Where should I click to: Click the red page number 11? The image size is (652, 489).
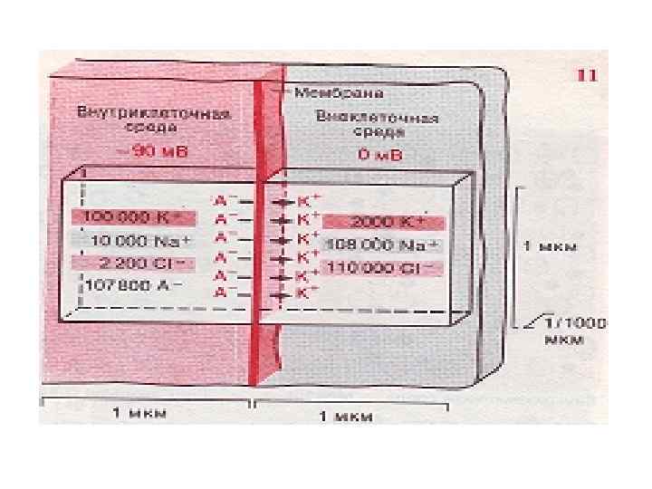coord(586,76)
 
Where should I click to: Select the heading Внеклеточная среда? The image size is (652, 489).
coord(378,125)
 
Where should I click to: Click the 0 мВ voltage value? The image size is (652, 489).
coord(375,155)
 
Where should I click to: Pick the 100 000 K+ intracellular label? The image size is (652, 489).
coord(132,217)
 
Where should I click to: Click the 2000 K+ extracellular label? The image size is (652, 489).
coord(383,222)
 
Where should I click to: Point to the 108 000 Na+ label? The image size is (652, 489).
coord(381,244)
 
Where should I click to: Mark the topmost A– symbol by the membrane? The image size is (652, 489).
coord(224,197)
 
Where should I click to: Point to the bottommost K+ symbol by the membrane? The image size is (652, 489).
coord(307,294)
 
